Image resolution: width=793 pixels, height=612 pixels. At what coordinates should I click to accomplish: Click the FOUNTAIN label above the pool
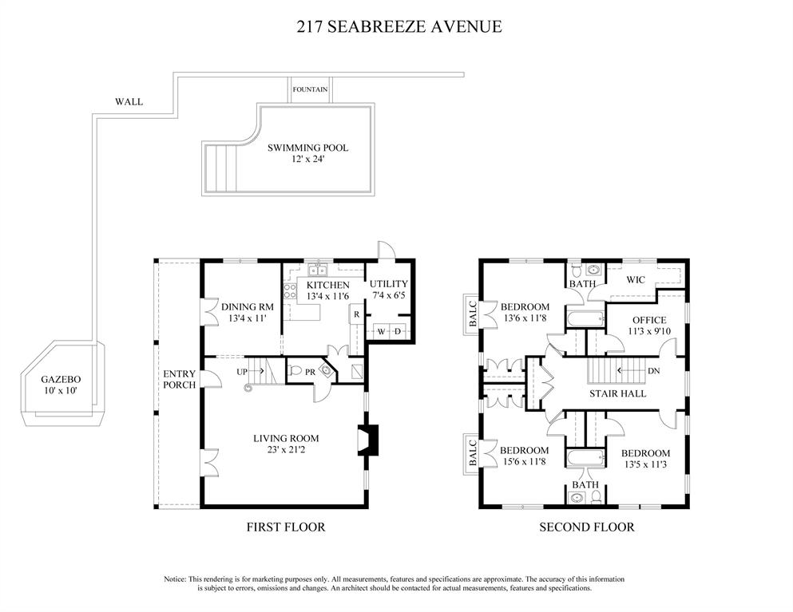(310, 89)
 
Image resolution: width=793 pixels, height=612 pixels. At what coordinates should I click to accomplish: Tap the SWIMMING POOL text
(307, 148)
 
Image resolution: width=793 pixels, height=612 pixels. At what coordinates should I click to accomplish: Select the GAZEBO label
(61, 380)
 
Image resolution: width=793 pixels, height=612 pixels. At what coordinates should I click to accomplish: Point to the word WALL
(129, 101)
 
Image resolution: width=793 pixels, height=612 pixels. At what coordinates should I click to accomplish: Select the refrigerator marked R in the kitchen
(356, 314)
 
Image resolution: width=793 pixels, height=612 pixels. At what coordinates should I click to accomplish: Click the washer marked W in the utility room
(380, 331)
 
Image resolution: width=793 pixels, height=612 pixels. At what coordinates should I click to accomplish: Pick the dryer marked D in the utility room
(398, 331)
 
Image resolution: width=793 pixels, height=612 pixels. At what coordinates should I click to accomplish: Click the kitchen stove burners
(290, 290)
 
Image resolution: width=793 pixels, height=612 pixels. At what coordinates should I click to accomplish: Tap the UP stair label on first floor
(242, 372)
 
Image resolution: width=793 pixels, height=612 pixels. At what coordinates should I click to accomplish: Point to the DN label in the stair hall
(654, 371)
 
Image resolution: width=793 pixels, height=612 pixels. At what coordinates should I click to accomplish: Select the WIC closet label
(636, 279)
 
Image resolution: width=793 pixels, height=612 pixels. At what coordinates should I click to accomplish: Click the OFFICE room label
(649, 321)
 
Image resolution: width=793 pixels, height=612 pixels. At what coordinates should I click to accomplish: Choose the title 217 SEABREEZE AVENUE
(399, 26)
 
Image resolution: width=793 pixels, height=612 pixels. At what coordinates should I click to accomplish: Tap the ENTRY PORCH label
(179, 379)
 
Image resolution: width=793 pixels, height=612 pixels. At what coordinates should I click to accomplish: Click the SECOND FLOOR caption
(587, 527)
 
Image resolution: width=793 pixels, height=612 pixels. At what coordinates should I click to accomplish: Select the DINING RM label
(248, 306)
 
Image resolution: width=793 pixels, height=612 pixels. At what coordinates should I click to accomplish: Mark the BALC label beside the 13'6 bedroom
(472, 314)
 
